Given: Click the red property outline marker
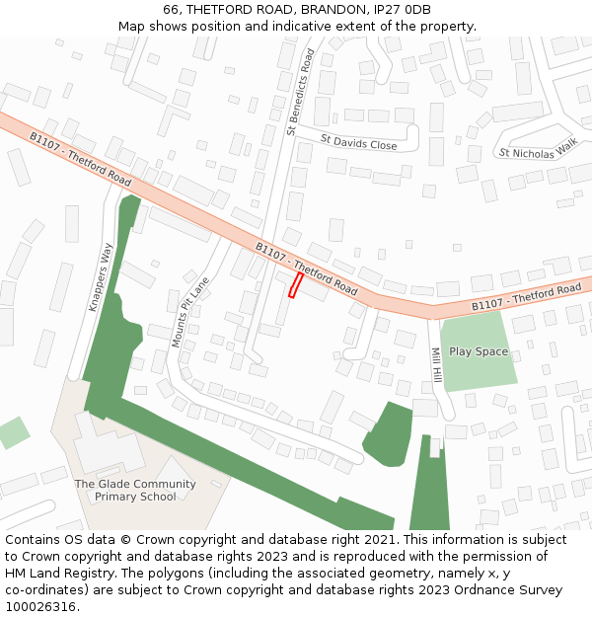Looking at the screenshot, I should [x=294, y=285].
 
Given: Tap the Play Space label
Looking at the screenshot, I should [x=479, y=351].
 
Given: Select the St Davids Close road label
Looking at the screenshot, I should [x=358, y=143].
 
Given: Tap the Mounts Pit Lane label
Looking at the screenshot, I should [x=190, y=312].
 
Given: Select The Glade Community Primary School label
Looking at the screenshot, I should [x=135, y=491].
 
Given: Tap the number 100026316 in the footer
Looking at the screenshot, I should [x=41, y=607].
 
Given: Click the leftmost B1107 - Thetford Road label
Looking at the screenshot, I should [x=80, y=160].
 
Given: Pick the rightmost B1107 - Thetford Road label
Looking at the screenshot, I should [x=526, y=297].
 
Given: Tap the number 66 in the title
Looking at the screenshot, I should [x=171, y=10].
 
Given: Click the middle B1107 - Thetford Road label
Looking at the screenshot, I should [x=306, y=269].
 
